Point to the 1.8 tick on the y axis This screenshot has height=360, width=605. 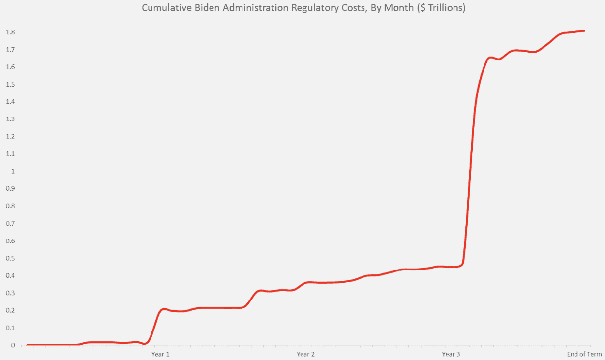pyautogui.click(x=10, y=32)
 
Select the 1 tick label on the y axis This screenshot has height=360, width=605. pyautogui.click(x=13, y=171)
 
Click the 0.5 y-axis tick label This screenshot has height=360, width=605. pyautogui.click(x=10, y=258)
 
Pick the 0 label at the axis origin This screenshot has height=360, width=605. pyautogui.click(x=13, y=345)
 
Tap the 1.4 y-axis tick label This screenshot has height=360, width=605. pyautogui.click(x=10, y=102)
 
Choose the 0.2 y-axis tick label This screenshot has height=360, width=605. pyautogui.click(x=10, y=310)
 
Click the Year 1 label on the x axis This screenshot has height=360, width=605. pyautogui.click(x=160, y=354)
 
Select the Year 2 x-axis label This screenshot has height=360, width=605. pyautogui.click(x=306, y=354)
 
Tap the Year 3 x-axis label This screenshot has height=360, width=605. pyautogui.click(x=451, y=354)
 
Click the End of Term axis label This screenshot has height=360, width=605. pyautogui.click(x=584, y=354)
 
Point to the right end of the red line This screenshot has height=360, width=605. pyautogui.click(x=584, y=31)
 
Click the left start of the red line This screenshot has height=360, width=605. pyautogui.click(x=27, y=345)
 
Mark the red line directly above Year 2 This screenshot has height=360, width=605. pyautogui.click(x=306, y=282)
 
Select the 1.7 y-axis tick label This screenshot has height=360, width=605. pyautogui.click(x=10, y=50)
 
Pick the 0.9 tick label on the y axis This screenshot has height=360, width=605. pyautogui.click(x=10, y=188)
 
